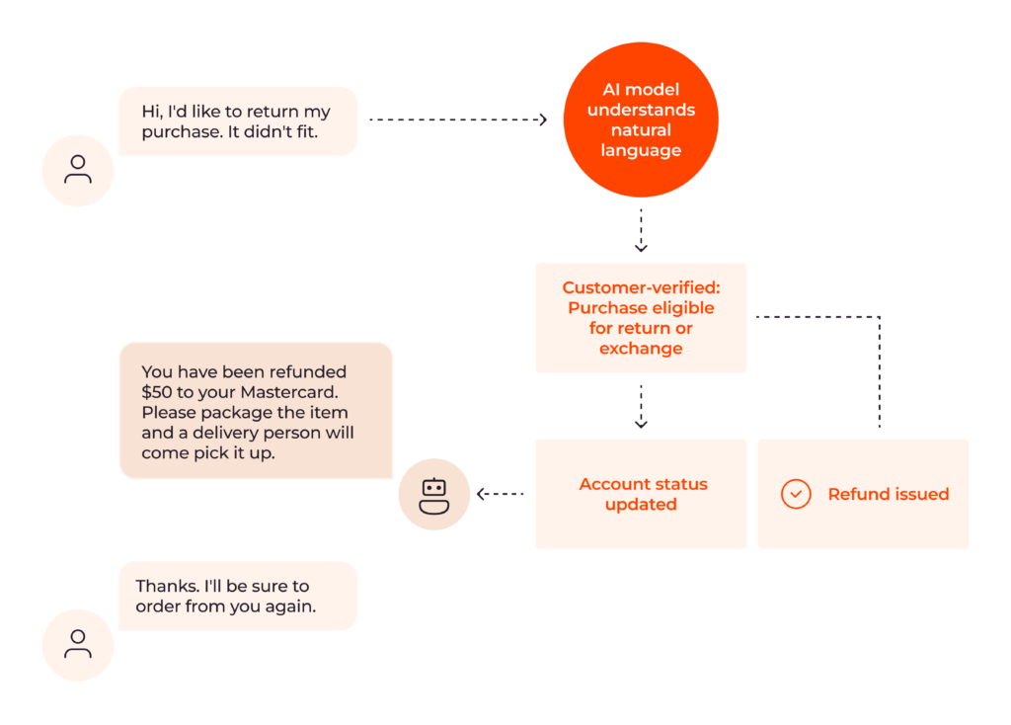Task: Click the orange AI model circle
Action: [641, 120]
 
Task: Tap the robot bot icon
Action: [433, 494]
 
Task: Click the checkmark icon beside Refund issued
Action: [796, 494]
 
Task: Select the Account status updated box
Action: [642, 494]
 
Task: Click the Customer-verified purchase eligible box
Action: [641, 317]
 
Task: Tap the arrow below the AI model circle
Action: [641, 231]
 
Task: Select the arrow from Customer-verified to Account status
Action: [641, 406]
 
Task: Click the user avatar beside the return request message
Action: [78, 170]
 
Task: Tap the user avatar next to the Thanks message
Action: [78, 645]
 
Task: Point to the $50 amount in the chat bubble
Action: [157, 392]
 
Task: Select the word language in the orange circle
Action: [641, 150]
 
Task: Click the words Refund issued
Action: [888, 494]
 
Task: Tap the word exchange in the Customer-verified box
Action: [641, 349]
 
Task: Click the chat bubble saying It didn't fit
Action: [237, 121]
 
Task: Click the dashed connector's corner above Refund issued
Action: [878, 317]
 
